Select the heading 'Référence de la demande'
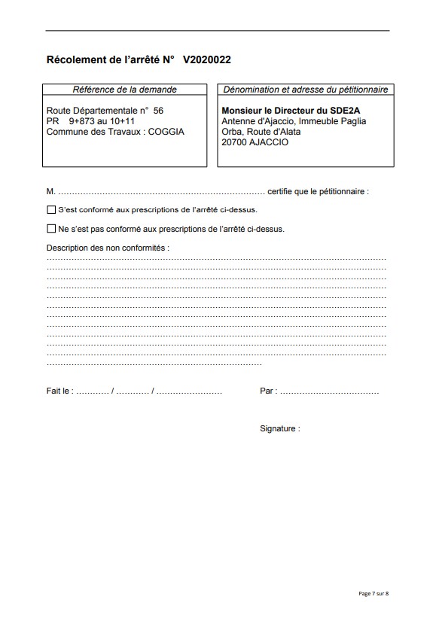click(x=124, y=90)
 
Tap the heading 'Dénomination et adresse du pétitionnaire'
click(x=305, y=90)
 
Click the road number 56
click(x=158, y=110)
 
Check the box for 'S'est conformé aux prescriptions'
click(x=51, y=210)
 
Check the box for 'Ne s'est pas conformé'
click(x=51, y=229)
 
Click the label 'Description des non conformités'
click(x=108, y=247)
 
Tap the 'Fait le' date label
click(x=59, y=391)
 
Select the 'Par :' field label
click(x=268, y=391)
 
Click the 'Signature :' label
click(x=279, y=428)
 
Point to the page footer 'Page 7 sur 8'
click(x=373, y=594)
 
